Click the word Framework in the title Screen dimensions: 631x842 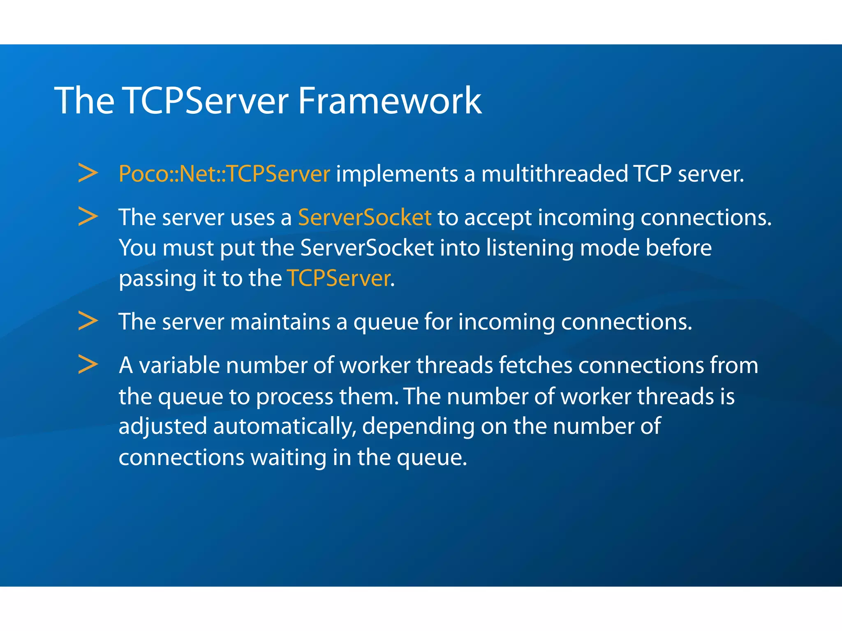pos(389,101)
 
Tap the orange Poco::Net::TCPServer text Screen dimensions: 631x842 pos(224,174)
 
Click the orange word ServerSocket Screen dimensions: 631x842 pos(365,217)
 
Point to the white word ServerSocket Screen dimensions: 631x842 pos(367,248)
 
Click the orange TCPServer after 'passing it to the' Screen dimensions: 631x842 pos(339,279)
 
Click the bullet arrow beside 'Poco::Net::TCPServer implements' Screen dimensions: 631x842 pos(88,173)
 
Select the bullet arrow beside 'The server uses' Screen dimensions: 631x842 pos(88,216)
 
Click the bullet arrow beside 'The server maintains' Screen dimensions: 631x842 pos(88,321)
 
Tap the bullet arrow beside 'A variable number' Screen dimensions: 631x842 pos(88,364)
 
